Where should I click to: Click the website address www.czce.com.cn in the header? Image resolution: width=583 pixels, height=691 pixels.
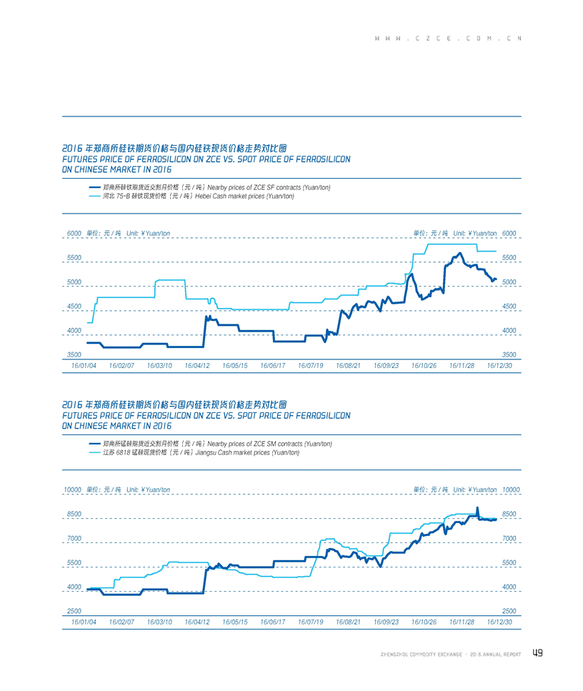pos(448,38)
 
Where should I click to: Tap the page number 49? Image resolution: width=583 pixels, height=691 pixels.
pos(538,652)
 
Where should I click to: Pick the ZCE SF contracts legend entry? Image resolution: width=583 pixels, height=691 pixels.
pos(209,187)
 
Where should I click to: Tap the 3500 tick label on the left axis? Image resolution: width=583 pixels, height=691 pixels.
pos(74,354)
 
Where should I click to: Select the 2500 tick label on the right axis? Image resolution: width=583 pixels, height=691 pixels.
pos(509,611)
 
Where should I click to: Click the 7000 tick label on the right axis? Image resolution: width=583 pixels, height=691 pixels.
pos(509,538)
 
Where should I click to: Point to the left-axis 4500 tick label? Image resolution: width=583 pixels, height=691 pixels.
pos(74,306)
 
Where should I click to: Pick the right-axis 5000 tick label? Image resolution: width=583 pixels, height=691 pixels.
pos(509,282)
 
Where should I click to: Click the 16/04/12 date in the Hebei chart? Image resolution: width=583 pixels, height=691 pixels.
pos(197,365)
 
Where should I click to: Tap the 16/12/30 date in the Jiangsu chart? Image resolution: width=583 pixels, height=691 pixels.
pos(499,622)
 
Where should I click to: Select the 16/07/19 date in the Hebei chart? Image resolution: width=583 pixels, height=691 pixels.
pos(310,365)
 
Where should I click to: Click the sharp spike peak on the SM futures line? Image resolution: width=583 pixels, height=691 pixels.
pos(477,508)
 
